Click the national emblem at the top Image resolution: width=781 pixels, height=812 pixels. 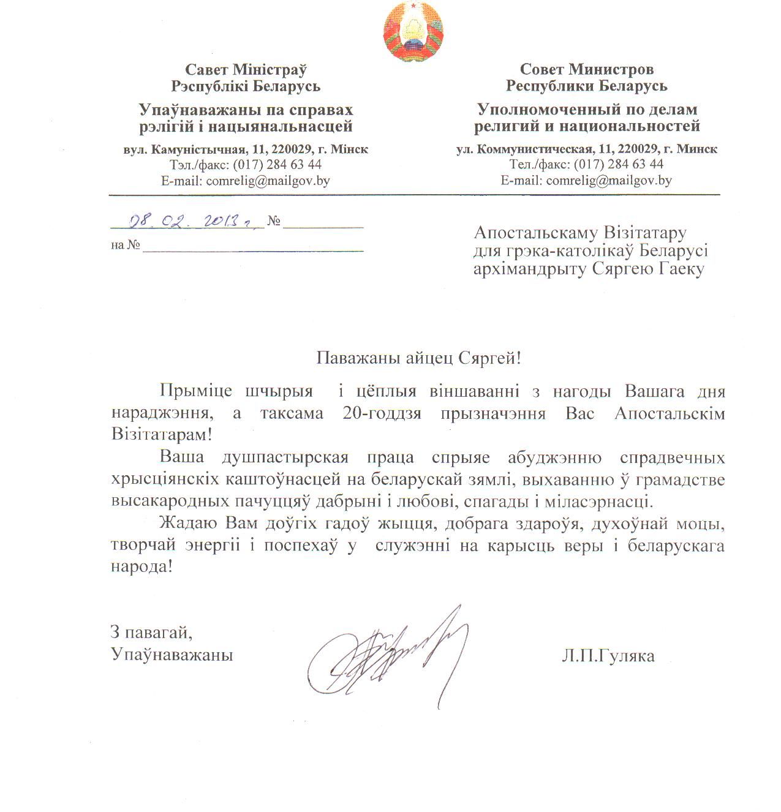click(413, 31)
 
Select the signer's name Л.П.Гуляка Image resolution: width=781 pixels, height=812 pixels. click(607, 656)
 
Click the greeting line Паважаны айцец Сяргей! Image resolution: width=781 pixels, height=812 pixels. click(418, 358)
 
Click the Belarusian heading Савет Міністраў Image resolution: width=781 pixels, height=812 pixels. click(246, 70)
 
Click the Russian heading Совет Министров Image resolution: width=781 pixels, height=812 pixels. click(586, 69)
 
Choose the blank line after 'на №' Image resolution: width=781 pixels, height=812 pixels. click(253, 246)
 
